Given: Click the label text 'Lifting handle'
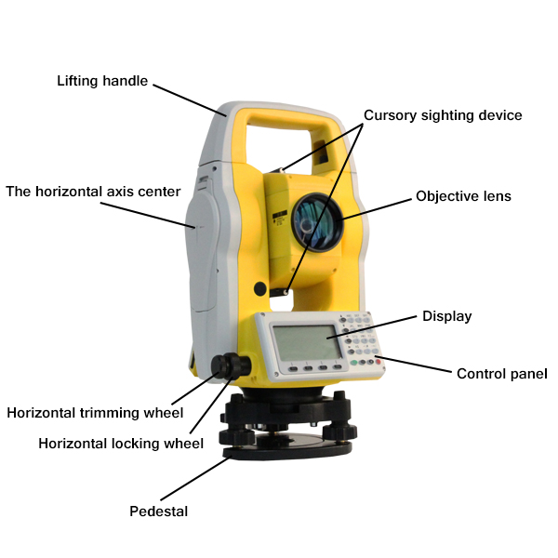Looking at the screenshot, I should click(102, 81).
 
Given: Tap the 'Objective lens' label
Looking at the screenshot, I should click(463, 196).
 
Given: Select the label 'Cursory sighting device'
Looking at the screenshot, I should click(443, 115).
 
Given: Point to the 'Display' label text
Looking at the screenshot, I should click(446, 316).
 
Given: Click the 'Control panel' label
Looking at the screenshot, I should click(501, 374).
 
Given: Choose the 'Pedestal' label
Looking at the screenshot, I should click(158, 511).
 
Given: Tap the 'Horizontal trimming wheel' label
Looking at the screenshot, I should click(95, 412).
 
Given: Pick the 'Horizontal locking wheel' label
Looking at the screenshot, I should click(121, 444).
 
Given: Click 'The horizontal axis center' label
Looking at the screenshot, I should click(93, 192).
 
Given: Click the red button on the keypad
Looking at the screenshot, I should click(378, 362).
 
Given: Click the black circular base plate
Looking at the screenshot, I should click(288, 450).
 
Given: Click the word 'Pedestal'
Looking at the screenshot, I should click(158, 511).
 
